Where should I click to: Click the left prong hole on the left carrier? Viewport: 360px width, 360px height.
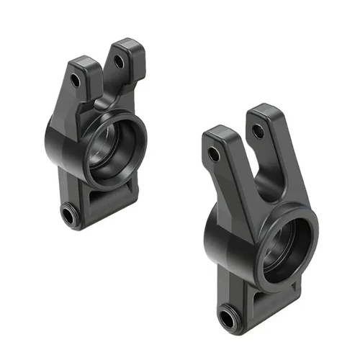76,80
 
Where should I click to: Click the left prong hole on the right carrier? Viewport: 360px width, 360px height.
213,154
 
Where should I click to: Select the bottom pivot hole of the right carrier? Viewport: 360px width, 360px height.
228,315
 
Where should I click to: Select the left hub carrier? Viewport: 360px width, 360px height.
97,137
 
